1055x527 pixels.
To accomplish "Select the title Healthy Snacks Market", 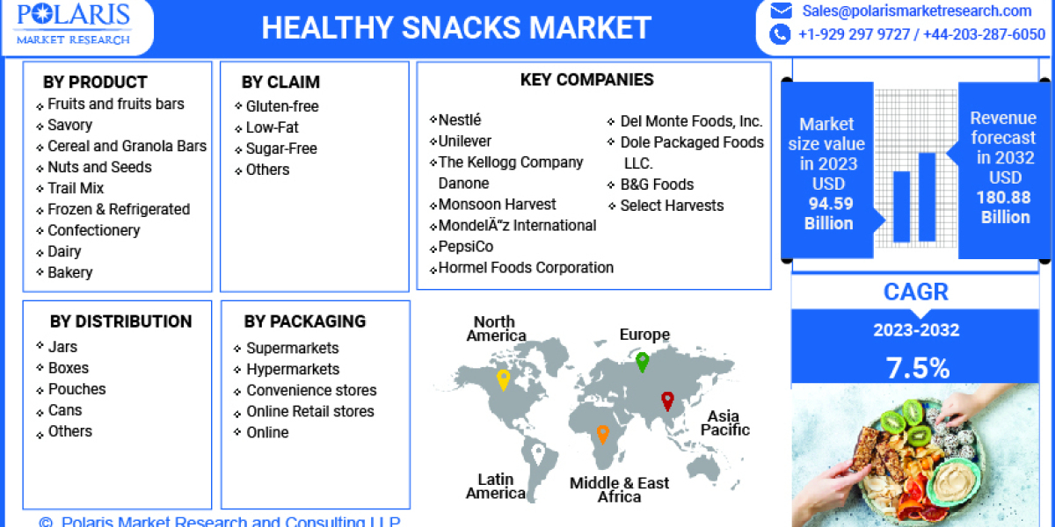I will pyautogui.click(x=456, y=27).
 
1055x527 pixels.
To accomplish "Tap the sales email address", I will pyautogui.click(x=917, y=11).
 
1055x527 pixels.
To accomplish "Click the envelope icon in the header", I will pyautogui.click(x=780, y=11).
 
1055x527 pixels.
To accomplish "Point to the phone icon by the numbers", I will pyautogui.click(x=780, y=34).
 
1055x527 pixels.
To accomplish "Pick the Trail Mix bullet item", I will pyautogui.click(x=76, y=188).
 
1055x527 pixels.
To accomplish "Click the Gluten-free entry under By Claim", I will pyautogui.click(x=282, y=106).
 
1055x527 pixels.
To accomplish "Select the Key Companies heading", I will pyautogui.click(x=586, y=80).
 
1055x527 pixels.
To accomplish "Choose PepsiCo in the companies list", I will pyautogui.click(x=465, y=247).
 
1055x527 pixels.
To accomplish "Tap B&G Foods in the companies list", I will pyautogui.click(x=657, y=184).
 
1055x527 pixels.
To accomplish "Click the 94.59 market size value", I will pyautogui.click(x=830, y=204).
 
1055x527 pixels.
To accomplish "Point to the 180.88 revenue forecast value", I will pyautogui.click(x=1003, y=198).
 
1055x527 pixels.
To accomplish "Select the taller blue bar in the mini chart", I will pyautogui.click(x=927, y=197).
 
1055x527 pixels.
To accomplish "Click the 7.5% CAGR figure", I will pyautogui.click(x=917, y=368).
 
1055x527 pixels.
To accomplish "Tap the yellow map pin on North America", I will pyautogui.click(x=503, y=379).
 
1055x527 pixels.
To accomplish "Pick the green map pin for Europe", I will pyautogui.click(x=643, y=361).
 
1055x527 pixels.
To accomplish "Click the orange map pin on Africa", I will pyautogui.click(x=602, y=433).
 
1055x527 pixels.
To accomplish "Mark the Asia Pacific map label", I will pyautogui.click(x=724, y=422).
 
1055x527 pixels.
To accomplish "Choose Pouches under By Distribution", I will pyautogui.click(x=76, y=389).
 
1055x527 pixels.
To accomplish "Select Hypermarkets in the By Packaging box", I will pyautogui.click(x=293, y=369).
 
